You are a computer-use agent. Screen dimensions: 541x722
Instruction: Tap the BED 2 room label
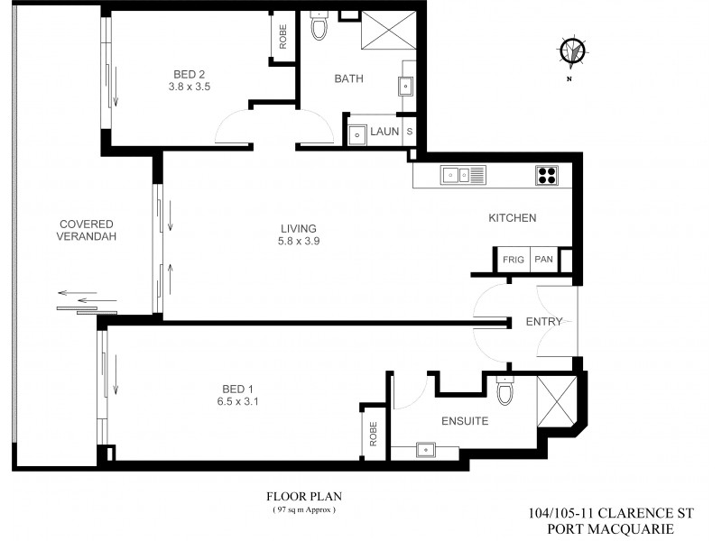(x=190, y=73)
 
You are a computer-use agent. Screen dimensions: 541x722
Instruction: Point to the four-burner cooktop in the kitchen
(x=547, y=175)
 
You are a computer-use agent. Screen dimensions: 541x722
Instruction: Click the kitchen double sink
(x=463, y=175)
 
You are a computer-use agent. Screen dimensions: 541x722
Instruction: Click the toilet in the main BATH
(x=319, y=28)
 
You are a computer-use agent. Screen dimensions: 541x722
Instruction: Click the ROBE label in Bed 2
(x=283, y=39)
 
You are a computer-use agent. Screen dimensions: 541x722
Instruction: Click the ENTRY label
(x=544, y=322)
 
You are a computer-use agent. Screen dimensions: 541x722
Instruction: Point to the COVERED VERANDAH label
(x=86, y=230)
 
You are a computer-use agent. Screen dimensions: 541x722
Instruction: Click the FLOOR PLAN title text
(x=303, y=497)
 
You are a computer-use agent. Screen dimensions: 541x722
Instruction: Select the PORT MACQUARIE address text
(x=610, y=528)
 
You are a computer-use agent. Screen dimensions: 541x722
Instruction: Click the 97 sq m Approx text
(x=304, y=510)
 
